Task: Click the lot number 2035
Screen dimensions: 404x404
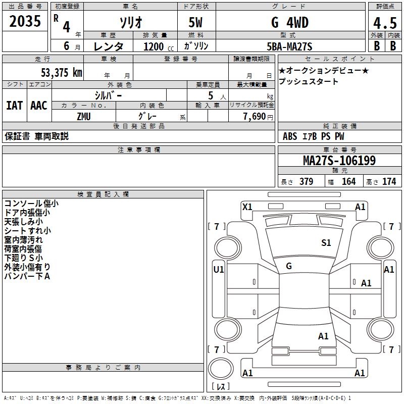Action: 26,22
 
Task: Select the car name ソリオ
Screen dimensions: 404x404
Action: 130,23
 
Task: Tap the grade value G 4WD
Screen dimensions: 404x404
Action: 289,23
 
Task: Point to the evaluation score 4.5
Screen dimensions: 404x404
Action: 384,23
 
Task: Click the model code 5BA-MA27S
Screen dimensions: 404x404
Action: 289,46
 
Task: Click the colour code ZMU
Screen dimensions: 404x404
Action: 84,116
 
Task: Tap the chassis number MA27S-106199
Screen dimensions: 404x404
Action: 339,161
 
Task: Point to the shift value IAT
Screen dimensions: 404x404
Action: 14,106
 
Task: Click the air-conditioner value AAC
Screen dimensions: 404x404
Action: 38,106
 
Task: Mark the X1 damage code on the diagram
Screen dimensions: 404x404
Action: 247,207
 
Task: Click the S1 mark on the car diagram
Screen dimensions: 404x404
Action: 326,243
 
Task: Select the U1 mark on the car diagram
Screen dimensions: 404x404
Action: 219,270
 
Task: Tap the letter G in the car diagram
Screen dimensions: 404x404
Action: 289,266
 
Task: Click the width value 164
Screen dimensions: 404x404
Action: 348,181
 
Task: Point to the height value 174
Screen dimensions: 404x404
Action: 389,181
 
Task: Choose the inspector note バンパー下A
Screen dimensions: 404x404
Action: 27,276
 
